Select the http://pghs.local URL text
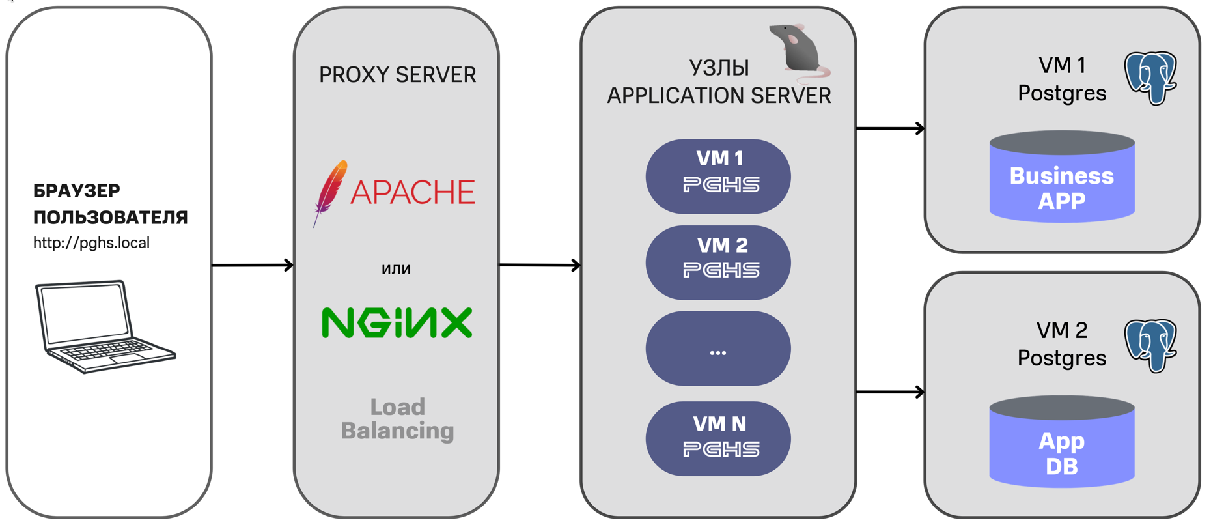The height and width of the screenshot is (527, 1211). [91, 243]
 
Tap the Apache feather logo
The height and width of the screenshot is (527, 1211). [330, 192]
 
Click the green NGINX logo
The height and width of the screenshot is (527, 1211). [397, 322]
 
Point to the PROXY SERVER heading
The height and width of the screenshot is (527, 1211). [397, 75]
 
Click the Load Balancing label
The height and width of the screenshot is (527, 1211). [397, 419]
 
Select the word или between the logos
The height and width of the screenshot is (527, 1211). [396, 268]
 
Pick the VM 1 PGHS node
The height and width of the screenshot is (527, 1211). [718, 176]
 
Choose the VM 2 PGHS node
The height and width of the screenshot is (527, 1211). [718, 263]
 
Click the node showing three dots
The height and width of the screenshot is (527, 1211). [718, 349]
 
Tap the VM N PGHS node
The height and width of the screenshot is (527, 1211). [718, 438]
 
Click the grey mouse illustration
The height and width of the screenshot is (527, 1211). [798, 50]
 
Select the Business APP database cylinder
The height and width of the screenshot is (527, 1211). [1061, 177]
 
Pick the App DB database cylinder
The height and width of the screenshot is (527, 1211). [1061, 443]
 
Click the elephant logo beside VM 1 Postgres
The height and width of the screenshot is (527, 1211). [1151, 78]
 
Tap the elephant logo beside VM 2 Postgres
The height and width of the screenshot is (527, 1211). [1151, 345]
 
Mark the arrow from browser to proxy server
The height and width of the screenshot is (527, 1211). [253, 265]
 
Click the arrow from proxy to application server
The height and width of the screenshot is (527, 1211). [540, 265]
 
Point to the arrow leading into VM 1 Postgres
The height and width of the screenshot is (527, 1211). [890, 128]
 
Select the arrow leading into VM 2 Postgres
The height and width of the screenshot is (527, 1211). [890, 392]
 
